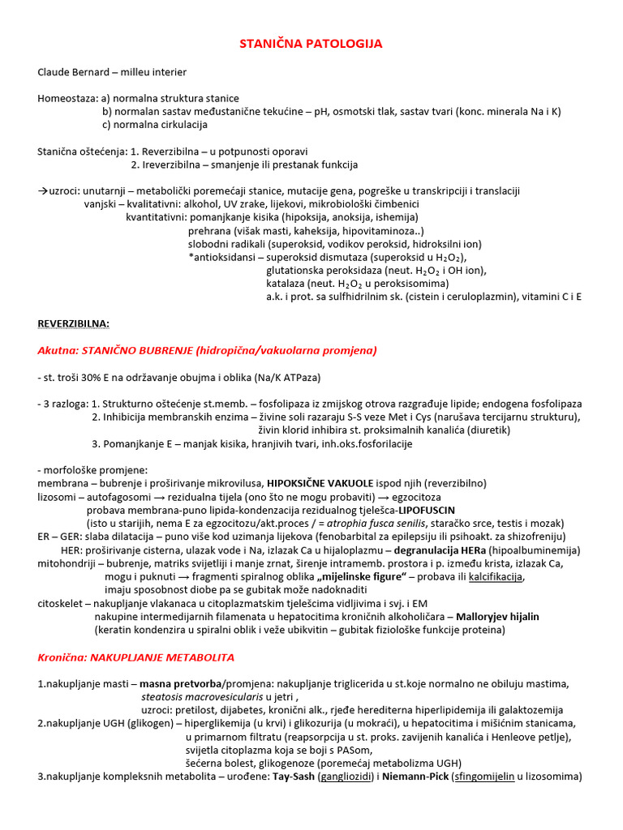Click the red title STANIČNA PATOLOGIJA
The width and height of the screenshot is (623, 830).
point(311,43)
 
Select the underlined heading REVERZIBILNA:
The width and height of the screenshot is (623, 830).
point(73,323)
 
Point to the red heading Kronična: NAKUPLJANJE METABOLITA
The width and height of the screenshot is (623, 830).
point(136,657)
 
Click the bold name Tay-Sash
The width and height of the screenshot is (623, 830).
point(293,777)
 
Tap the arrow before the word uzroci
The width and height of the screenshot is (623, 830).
point(43,190)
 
